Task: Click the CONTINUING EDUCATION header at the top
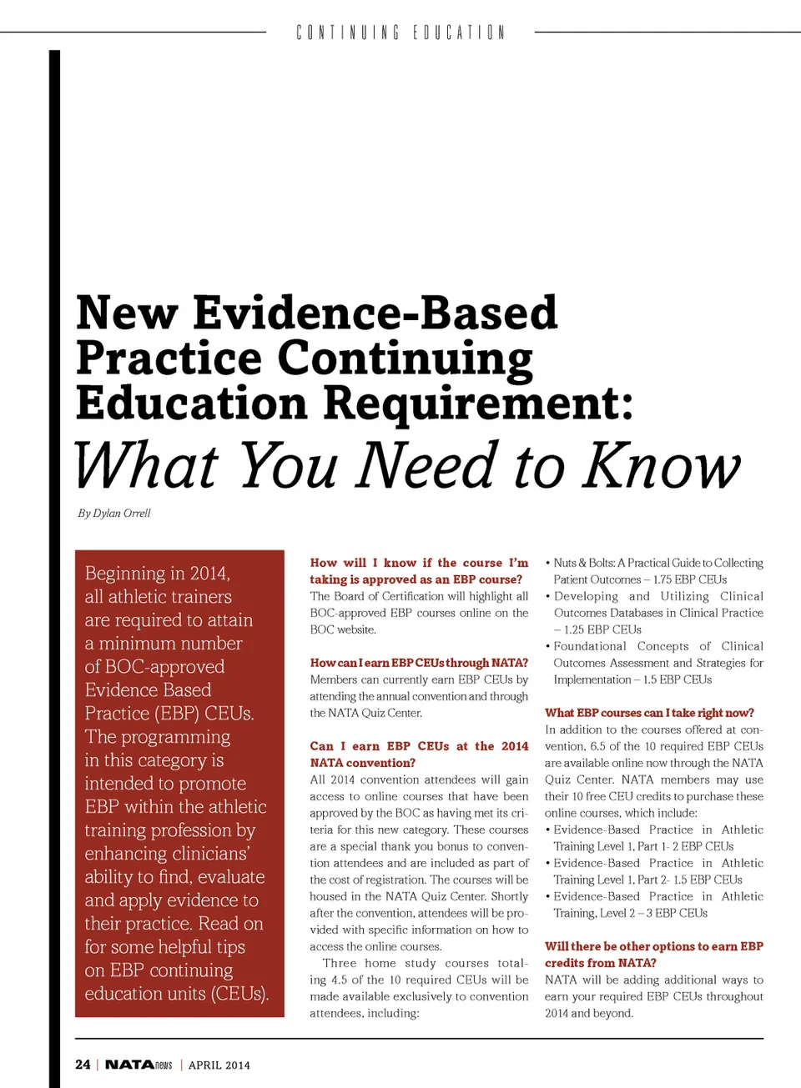point(400,33)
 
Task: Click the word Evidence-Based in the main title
point(375,314)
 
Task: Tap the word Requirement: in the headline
point(478,404)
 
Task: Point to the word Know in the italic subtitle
point(661,466)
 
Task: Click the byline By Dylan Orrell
point(114,514)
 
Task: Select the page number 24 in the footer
point(83,1065)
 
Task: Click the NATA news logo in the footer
point(139,1065)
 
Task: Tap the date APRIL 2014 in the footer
point(219,1065)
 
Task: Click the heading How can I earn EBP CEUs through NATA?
point(419,663)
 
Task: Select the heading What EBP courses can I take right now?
point(649,713)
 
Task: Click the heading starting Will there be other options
point(653,946)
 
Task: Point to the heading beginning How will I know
point(419,563)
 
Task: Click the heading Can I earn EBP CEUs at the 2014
point(419,746)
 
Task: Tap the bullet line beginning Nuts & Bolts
point(657,563)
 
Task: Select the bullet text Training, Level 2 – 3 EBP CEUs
point(630,913)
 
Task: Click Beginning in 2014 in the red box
point(157,574)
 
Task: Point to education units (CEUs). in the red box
point(176,994)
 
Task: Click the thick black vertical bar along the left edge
point(54,567)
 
